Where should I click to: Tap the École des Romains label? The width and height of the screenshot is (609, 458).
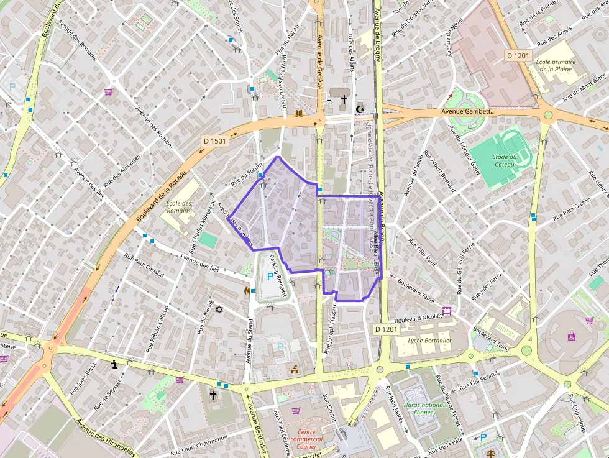(x=179, y=207)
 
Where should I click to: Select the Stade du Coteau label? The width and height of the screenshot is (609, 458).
(x=504, y=160)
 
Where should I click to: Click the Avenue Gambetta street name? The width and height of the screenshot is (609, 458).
(x=467, y=112)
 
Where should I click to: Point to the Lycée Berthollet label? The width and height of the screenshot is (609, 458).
(x=429, y=341)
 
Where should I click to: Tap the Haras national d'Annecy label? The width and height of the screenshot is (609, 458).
(x=424, y=408)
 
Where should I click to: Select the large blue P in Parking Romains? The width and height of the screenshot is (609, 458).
(x=269, y=277)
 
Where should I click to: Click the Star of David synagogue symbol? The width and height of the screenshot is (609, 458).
(x=218, y=309)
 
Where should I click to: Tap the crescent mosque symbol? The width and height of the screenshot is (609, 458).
(x=359, y=109)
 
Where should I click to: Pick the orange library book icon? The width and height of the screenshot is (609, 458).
(x=299, y=113)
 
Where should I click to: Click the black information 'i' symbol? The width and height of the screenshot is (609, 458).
(x=114, y=365)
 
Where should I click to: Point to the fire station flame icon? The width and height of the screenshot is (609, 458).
(x=246, y=290)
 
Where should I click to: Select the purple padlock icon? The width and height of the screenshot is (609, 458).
(x=571, y=336)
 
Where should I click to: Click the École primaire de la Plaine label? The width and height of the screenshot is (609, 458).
(x=556, y=65)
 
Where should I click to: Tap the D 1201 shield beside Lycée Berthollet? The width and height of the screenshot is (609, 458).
(x=386, y=328)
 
